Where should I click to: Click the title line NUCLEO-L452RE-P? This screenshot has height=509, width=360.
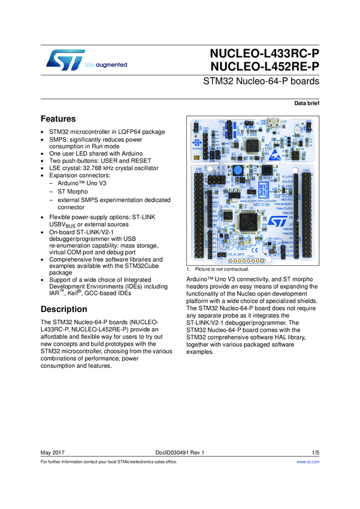265,67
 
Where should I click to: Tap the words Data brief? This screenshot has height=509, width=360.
307,104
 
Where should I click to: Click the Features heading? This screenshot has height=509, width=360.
58,119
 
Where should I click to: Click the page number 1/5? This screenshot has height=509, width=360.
315,452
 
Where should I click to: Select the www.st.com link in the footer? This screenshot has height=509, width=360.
308,462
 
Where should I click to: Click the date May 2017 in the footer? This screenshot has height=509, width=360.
52,452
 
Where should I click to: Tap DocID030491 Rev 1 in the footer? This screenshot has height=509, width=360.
180,452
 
